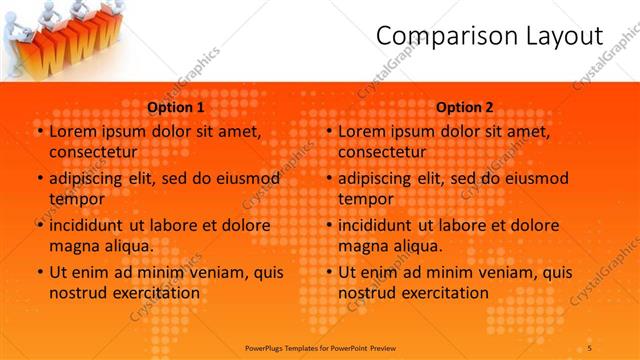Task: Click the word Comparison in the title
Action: pyautogui.click(x=434, y=36)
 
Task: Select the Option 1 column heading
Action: pyautogui.click(x=176, y=107)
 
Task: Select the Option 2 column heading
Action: pyautogui.click(x=465, y=107)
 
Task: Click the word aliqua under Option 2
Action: pyautogui.click(x=417, y=245)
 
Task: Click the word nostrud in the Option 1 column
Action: pyautogui.click(x=76, y=292)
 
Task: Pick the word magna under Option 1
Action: pyautogui.click(x=73, y=245)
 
